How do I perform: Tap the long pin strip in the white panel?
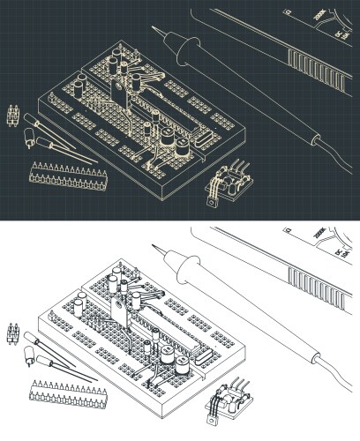coord(62,398)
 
